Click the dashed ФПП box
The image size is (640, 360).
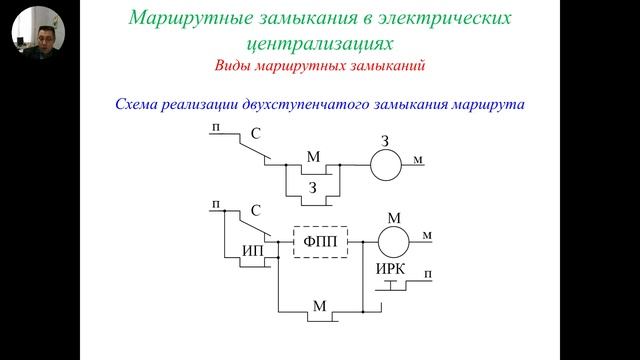pos(319,241)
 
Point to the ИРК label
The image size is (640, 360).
pos(390,271)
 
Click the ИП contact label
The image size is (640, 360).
pos(254,250)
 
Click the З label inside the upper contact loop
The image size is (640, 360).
pos(312,186)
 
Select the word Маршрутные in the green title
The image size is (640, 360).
pos(183,19)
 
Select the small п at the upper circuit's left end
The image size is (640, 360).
pos(216,128)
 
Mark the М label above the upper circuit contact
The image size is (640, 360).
pos(313,156)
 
